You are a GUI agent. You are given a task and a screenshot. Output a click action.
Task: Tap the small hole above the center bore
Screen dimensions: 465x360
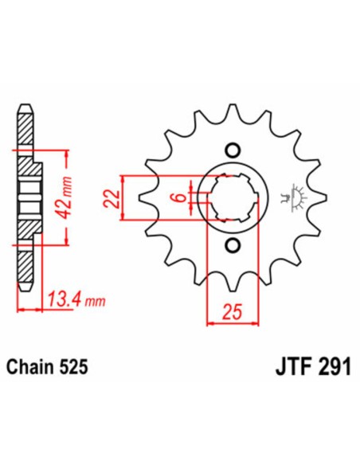click(233, 149)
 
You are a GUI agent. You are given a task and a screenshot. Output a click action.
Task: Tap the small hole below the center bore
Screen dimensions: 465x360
click(233, 244)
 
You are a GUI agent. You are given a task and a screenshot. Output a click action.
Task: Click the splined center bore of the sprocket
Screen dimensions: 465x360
click(233, 197)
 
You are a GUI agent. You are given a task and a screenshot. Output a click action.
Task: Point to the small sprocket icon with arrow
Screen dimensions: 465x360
click(295, 197)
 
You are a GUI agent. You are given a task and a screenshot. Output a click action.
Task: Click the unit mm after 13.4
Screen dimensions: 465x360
click(96, 302)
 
